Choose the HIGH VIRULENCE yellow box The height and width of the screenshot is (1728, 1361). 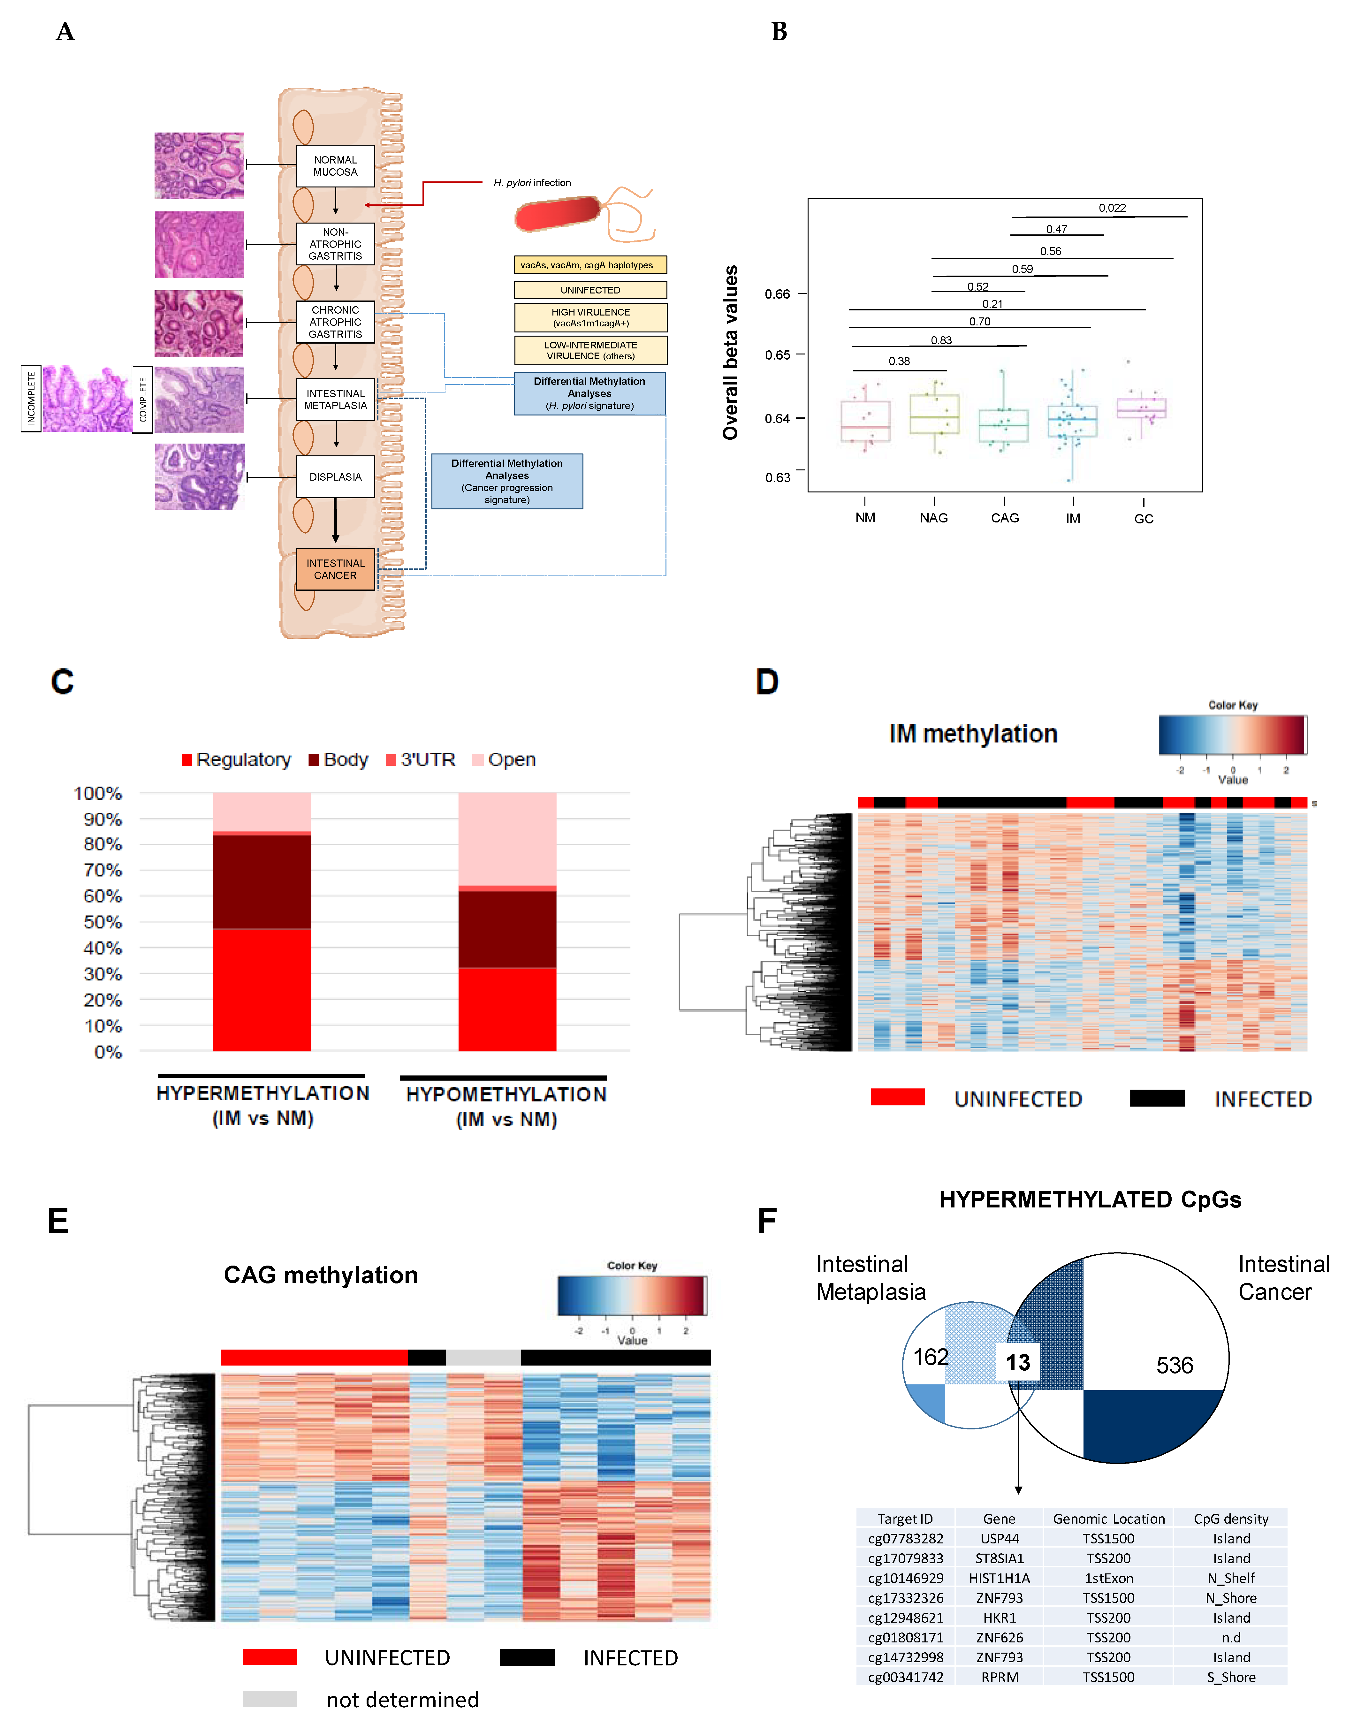click(x=590, y=317)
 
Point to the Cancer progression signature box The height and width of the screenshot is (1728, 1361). click(x=507, y=481)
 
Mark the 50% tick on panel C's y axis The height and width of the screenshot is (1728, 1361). click(x=103, y=922)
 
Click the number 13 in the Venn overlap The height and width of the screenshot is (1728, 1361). click(x=1018, y=1362)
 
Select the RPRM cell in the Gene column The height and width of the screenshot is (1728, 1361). click(x=999, y=1677)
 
